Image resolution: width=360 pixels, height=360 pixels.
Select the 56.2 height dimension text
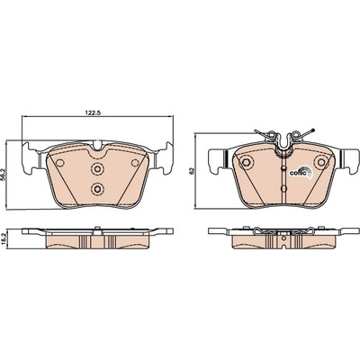point(3,174)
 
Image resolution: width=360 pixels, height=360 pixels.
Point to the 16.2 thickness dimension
point(3,238)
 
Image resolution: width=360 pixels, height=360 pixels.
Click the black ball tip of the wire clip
point(313,130)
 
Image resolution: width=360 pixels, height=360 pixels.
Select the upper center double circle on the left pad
point(97,169)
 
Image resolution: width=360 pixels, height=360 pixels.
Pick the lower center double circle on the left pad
point(97,188)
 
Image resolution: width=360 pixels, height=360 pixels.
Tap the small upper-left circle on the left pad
point(60,163)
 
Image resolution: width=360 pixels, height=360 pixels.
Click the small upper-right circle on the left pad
point(135,163)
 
